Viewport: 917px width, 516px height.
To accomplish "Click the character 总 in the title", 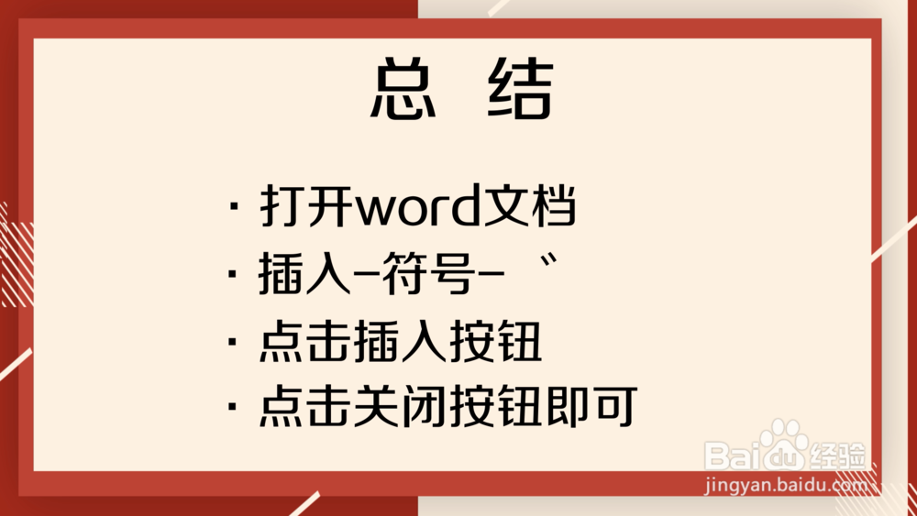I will tap(403, 90).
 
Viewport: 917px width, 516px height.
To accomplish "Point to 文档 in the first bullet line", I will tap(533, 208).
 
